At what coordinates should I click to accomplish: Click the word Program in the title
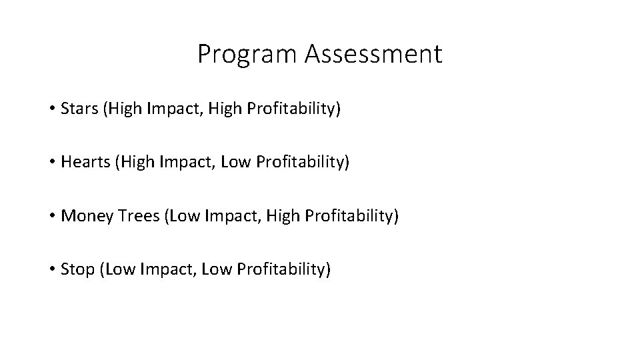click(x=248, y=55)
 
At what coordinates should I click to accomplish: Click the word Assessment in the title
click(x=373, y=55)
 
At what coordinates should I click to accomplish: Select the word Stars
click(x=78, y=108)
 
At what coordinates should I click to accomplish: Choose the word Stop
click(x=76, y=269)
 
